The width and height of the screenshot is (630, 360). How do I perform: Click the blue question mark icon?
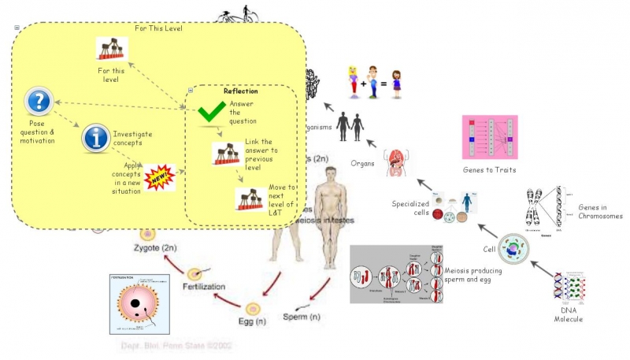point(39,102)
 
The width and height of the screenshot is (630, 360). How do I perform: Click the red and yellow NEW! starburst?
point(161,177)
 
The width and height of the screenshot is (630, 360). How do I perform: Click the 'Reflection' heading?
point(240,91)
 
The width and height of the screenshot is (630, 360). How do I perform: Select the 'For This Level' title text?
point(158,28)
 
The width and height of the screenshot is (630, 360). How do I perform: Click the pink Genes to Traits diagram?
point(489,139)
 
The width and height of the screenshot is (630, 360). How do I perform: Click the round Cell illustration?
point(513,249)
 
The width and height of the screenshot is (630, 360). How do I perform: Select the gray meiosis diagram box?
point(397,274)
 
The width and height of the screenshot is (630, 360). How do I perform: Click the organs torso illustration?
point(397,161)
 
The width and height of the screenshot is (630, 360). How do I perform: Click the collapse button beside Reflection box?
point(191,90)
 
